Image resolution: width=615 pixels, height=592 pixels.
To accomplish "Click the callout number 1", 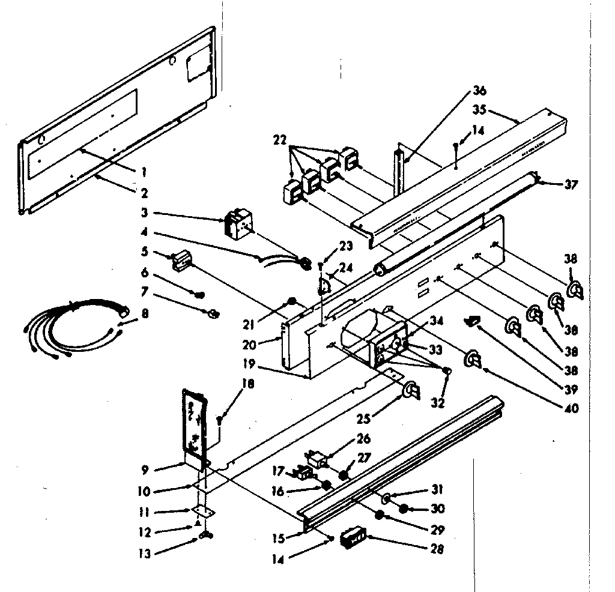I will click(144, 171).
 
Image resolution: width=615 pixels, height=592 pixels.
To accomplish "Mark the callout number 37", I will click(571, 185).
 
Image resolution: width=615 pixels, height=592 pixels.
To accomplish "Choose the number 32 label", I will click(438, 403).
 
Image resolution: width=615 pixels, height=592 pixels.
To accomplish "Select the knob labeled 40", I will click(473, 360).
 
